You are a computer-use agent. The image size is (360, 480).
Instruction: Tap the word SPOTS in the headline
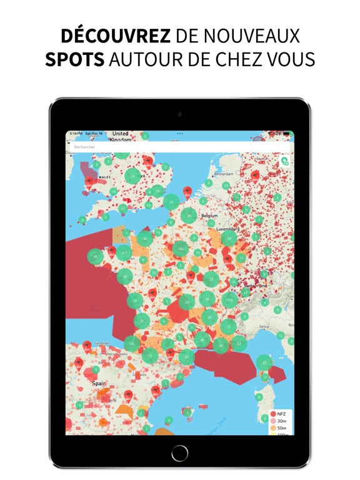click(74, 61)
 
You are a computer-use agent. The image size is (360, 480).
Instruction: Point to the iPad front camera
click(180, 114)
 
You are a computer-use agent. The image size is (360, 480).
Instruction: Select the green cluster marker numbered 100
click(181, 249)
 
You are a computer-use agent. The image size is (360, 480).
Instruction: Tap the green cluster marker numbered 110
click(230, 300)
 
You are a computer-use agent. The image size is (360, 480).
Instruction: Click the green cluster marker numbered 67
click(124, 253)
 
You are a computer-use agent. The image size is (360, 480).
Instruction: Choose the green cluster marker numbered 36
click(189, 216)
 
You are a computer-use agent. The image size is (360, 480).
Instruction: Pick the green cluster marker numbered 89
click(186, 357)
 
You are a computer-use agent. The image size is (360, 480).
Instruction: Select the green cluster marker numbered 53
click(239, 343)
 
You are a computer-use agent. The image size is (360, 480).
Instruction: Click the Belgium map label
click(210, 216)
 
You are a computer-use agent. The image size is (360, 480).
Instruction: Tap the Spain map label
click(99, 383)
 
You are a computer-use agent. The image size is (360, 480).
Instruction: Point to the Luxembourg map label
click(227, 229)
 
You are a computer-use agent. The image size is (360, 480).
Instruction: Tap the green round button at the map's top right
click(285, 161)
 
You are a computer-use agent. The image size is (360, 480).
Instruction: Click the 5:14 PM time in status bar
click(76, 133)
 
